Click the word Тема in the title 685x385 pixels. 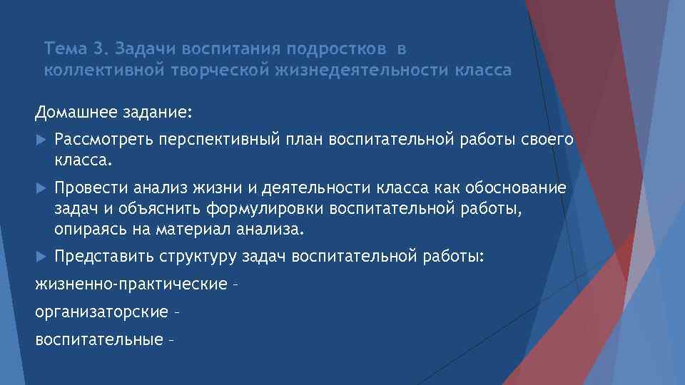pos(65,49)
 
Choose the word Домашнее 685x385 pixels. pos(71,113)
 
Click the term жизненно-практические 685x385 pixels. pos(131,285)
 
